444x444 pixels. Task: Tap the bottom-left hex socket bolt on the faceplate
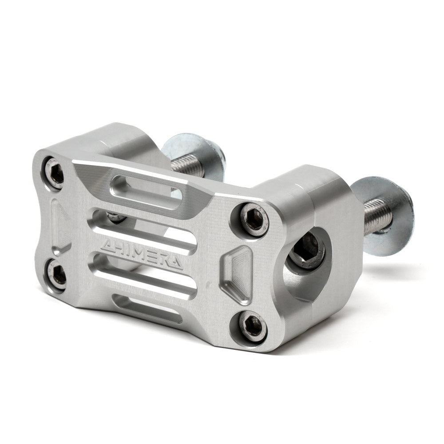coord(58,276)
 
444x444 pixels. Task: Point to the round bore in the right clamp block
coord(306,258)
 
